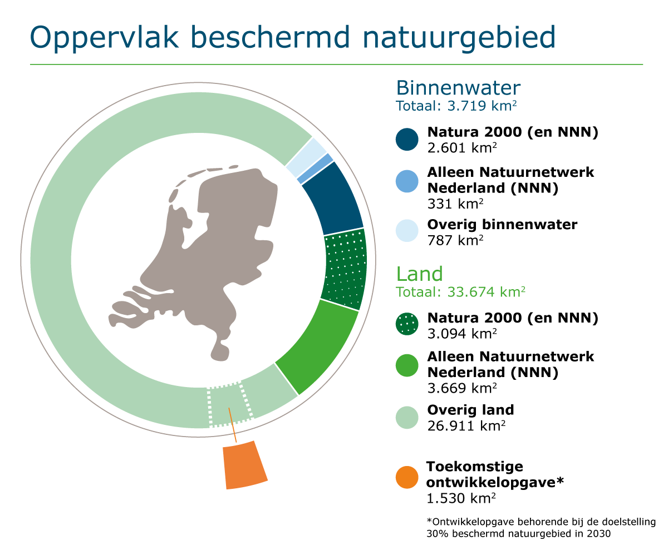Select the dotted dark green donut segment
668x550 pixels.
click(x=345, y=269)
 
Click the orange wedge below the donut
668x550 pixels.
click(x=245, y=465)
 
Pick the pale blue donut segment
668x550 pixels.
click(x=307, y=157)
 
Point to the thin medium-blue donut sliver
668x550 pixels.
click(x=316, y=169)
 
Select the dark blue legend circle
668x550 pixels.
click(x=407, y=140)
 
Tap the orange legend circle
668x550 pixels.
click(x=407, y=478)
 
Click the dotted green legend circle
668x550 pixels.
click(x=407, y=324)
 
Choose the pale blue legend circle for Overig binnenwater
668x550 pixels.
click(x=407, y=230)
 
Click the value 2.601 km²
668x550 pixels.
click(x=462, y=148)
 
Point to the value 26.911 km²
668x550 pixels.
click(x=466, y=426)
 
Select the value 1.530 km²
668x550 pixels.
click(x=461, y=498)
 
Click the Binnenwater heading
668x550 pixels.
click(x=458, y=88)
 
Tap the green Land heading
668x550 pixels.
click(x=419, y=274)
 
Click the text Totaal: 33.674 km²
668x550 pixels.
click(x=460, y=292)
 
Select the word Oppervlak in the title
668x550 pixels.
click(x=104, y=38)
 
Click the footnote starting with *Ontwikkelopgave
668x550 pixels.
click(x=541, y=528)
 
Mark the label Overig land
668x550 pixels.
click(x=470, y=410)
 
